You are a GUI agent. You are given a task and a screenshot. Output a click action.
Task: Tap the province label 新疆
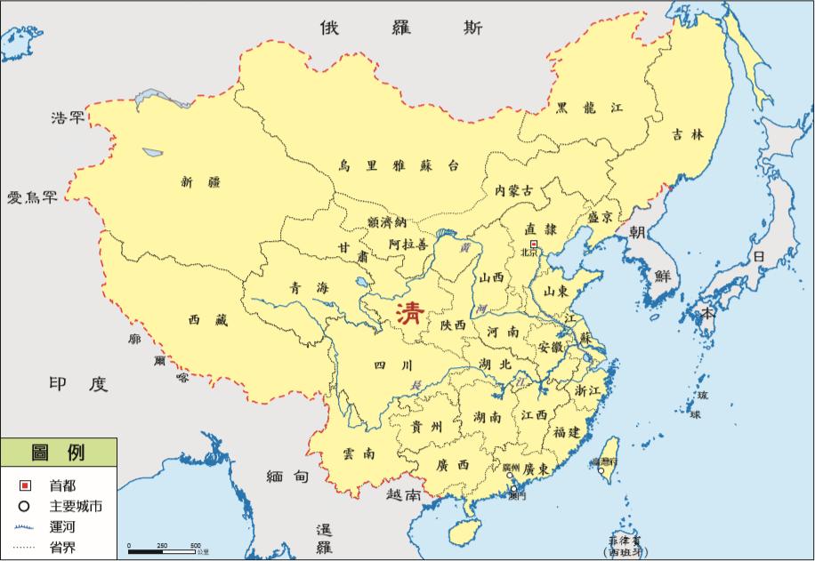199,182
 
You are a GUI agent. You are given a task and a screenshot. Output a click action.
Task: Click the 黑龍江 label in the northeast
589,108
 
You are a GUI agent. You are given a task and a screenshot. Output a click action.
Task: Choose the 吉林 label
687,135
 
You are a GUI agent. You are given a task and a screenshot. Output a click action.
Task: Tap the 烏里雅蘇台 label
399,164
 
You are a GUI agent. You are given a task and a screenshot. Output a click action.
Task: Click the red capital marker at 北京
533,243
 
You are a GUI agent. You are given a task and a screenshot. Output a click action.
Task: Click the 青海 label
309,287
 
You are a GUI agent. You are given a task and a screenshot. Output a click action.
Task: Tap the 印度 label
78,384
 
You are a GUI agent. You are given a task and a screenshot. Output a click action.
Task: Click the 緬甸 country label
287,477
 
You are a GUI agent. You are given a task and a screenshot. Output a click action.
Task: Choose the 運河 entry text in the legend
62,526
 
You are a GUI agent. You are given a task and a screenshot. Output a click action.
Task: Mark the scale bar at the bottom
163,550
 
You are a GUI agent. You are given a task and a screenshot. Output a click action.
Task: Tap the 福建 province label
566,432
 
